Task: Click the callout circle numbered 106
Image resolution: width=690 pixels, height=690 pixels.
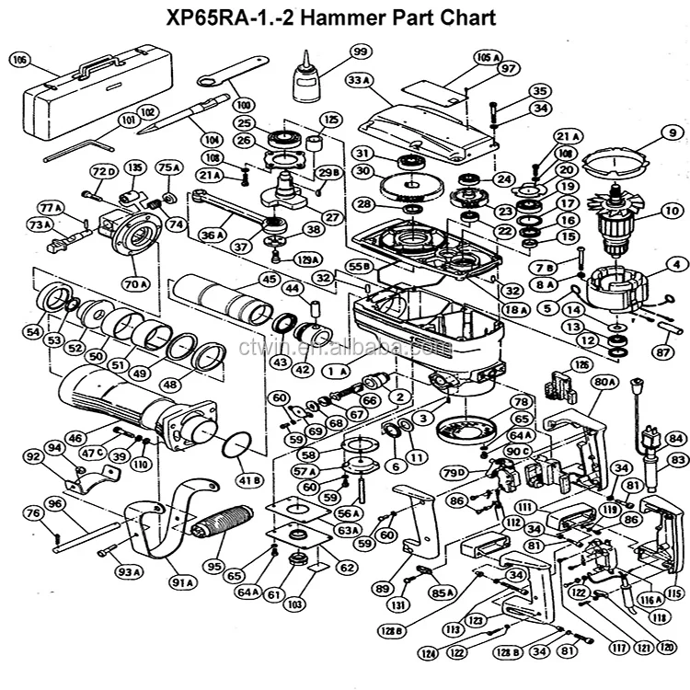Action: click(x=19, y=60)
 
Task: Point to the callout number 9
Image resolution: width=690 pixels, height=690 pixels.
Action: click(x=672, y=133)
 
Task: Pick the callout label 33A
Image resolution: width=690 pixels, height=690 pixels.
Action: click(x=358, y=81)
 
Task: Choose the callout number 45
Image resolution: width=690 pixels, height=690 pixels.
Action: click(x=269, y=278)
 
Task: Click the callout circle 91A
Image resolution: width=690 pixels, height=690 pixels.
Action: click(x=181, y=582)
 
